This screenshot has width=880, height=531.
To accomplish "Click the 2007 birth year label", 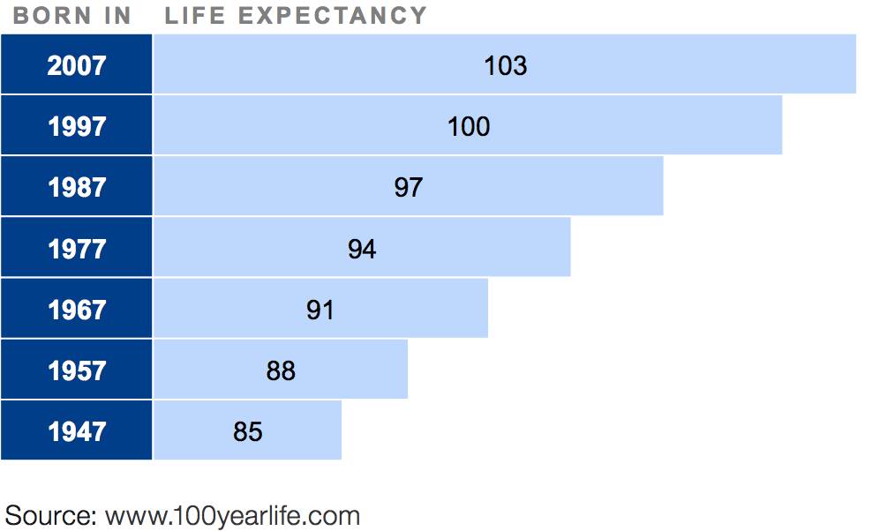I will (77, 65).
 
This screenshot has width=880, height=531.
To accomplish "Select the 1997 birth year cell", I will (77, 126).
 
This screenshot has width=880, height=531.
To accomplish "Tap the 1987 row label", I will (77, 187).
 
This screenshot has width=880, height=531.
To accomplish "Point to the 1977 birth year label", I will (77, 249).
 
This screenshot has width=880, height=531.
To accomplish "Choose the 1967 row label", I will (77, 310).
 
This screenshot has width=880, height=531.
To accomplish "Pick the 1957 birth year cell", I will (77, 370).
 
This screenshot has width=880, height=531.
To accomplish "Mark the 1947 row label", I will (77, 431).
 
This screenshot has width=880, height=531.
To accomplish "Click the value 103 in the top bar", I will (505, 65).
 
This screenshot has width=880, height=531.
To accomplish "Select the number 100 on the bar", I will (468, 126).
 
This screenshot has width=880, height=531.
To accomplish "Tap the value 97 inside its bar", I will (408, 187).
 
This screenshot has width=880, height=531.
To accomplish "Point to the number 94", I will (362, 249).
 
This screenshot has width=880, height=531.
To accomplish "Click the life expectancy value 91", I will (320, 310).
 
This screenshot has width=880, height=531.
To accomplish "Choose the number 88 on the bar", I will (281, 370).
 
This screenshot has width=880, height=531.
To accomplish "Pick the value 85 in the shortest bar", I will (248, 431).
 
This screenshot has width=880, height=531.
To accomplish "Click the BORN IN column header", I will (72, 16).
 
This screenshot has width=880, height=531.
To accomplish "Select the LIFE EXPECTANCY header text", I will (296, 16).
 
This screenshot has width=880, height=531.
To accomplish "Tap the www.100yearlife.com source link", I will (232, 515).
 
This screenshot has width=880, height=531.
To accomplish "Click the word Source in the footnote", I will (49, 515).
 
